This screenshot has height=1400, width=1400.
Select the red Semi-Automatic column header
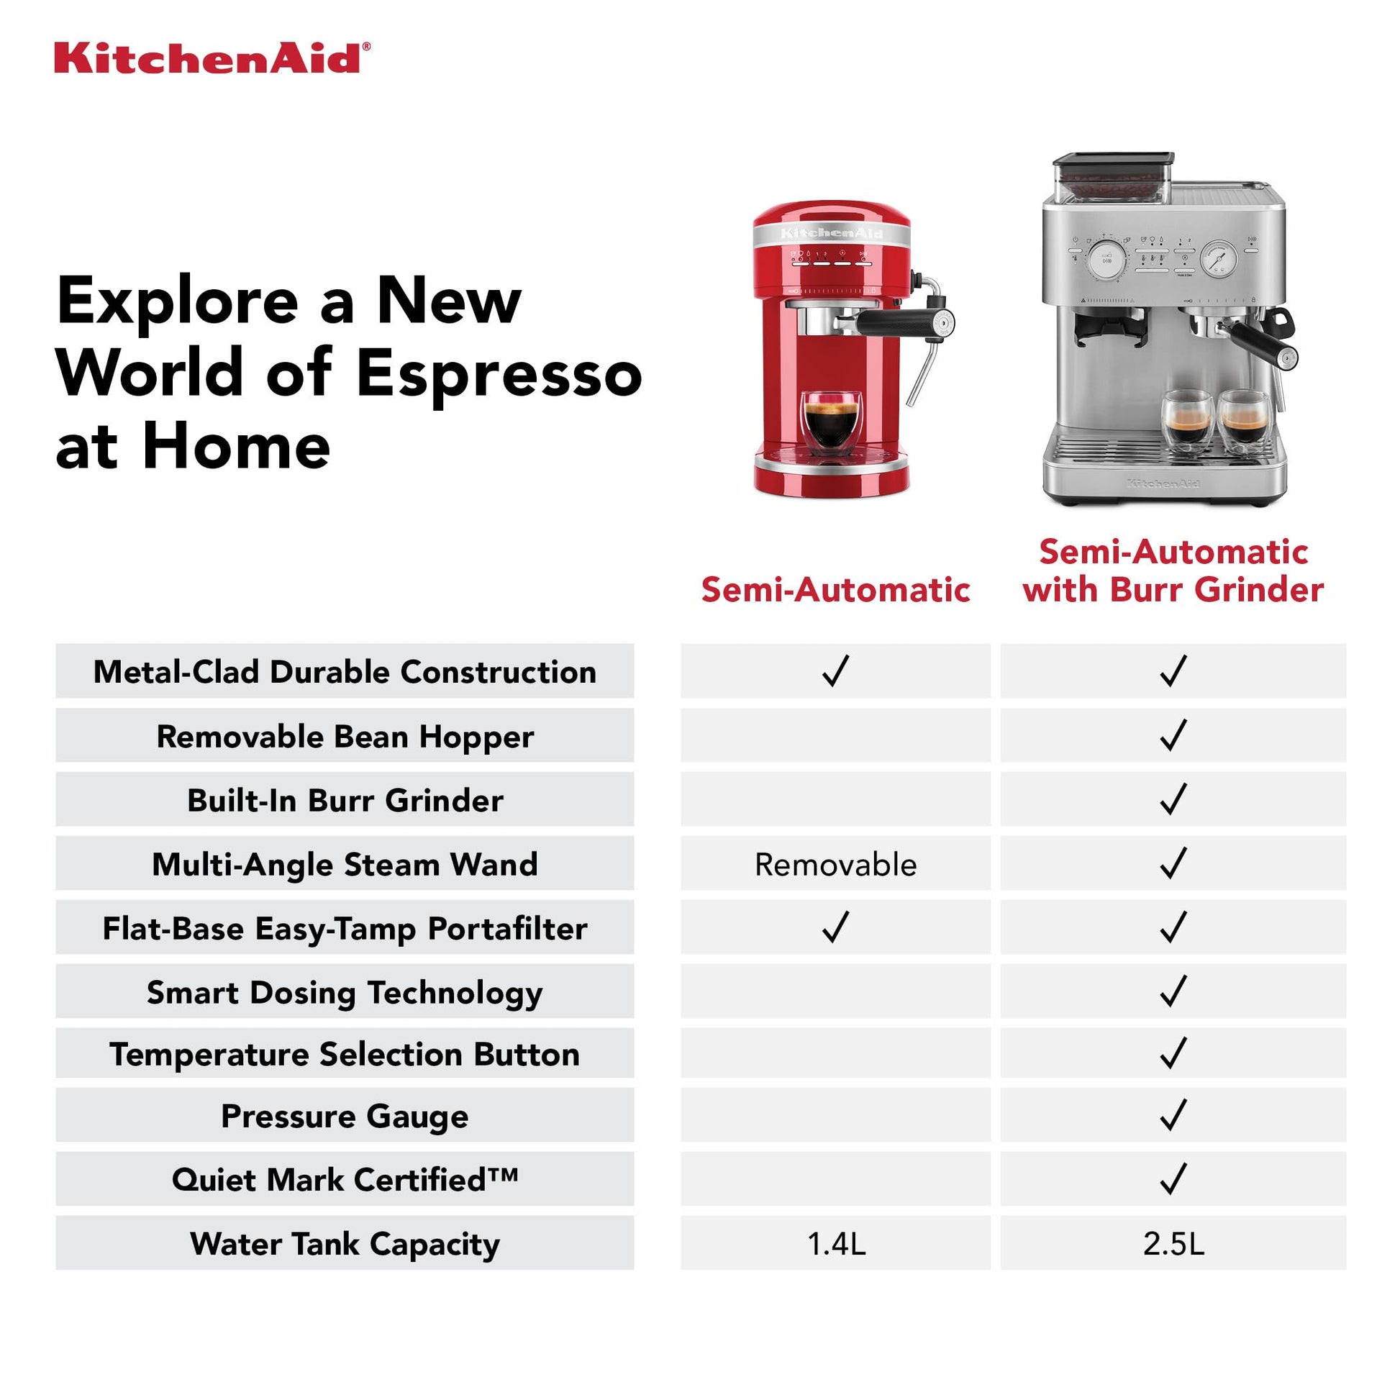[x=835, y=590]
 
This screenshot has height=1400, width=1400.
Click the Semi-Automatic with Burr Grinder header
[x=1173, y=571]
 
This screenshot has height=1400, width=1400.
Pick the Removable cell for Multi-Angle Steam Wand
[x=835, y=865]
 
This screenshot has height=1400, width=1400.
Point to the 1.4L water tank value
[x=836, y=1244]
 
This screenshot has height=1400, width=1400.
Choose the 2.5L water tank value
[x=1173, y=1244]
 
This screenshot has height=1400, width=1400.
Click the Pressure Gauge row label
[x=344, y=1116]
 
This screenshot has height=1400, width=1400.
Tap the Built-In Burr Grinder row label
[x=345, y=801]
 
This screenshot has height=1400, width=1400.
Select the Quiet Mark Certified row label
[x=345, y=1180]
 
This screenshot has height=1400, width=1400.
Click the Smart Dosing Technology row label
[x=344, y=993]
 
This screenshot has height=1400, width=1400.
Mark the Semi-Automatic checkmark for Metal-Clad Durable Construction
[x=835, y=671]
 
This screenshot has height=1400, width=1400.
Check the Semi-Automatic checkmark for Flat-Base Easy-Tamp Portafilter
[x=835, y=927]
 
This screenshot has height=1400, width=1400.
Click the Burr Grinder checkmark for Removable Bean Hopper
[x=1173, y=735]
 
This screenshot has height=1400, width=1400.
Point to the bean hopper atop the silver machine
[x=1112, y=178]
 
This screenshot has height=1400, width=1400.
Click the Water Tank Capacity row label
[x=345, y=1244]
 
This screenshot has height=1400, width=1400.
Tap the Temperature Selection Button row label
[x=344, y=1055]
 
